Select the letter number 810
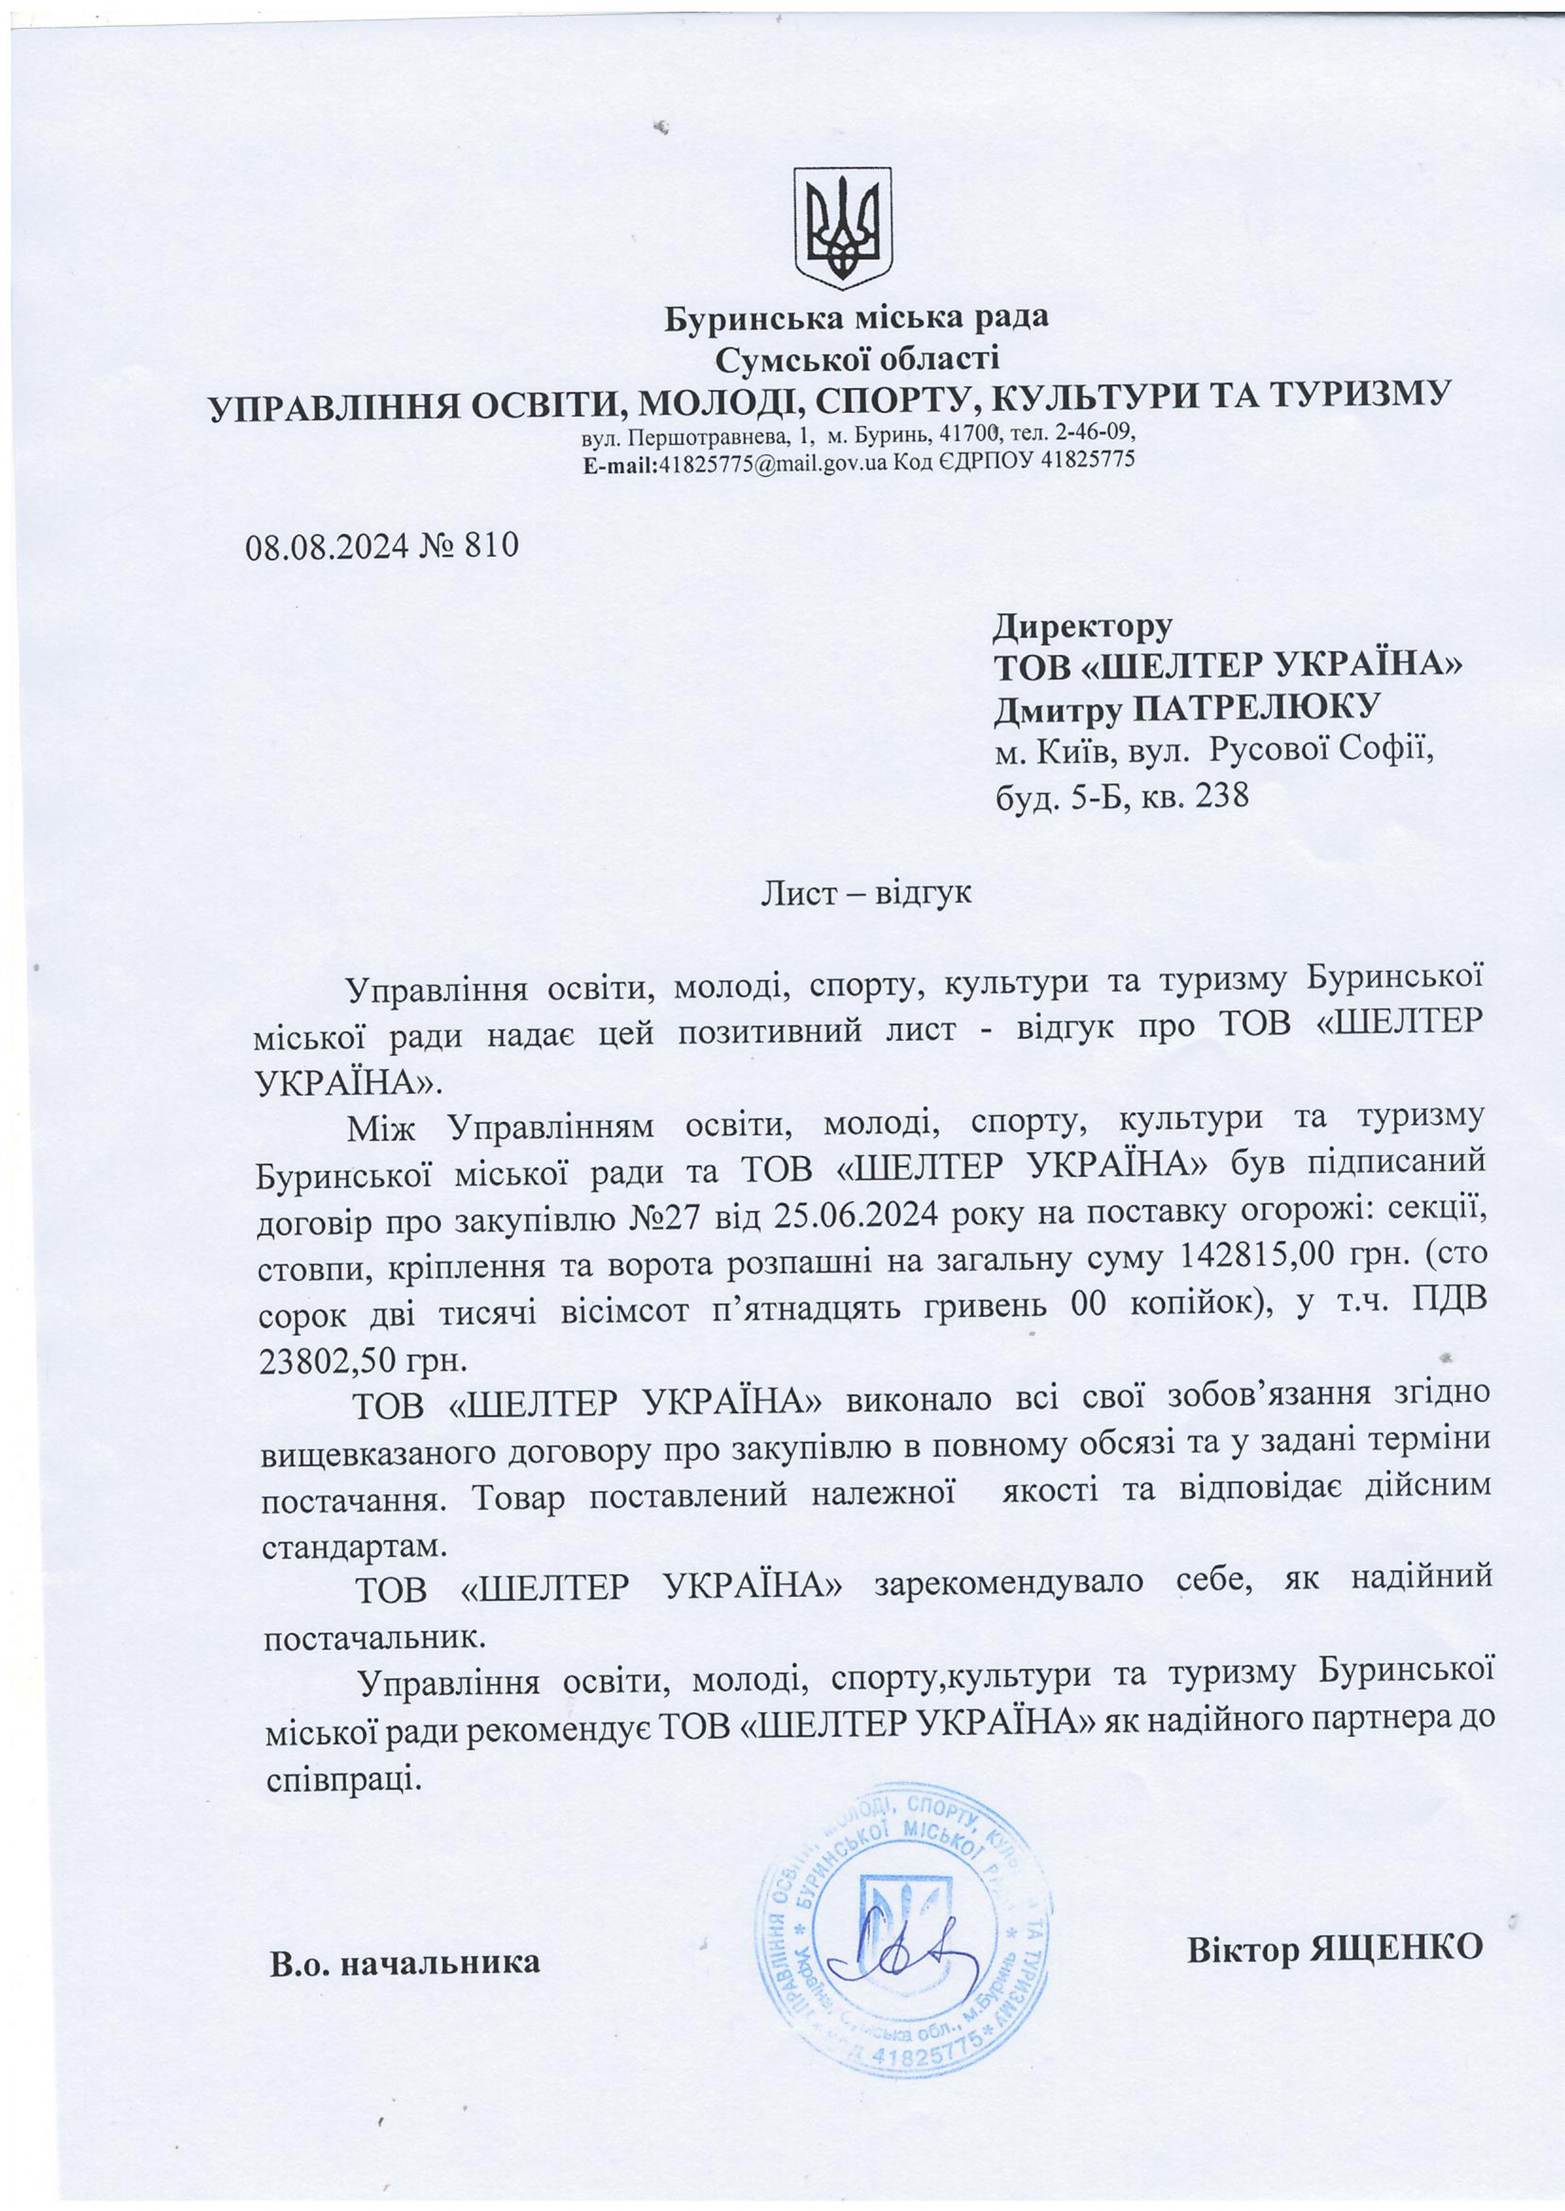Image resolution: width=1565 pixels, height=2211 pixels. tap(492, 546)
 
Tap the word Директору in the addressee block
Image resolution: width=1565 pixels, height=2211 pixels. tap(1082, 627)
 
